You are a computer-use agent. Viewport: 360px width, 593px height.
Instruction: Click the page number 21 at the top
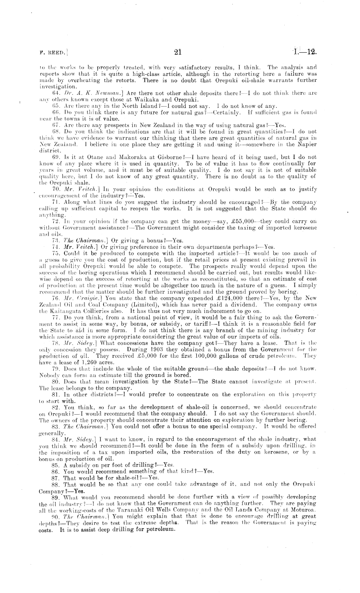coord(178,52)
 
